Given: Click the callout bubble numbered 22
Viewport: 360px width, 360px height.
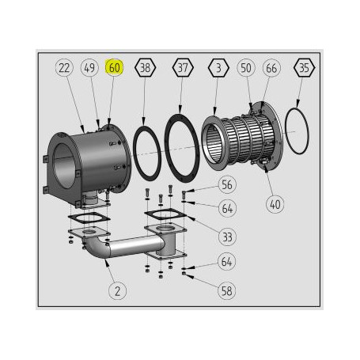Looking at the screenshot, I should click(x=65, y=67).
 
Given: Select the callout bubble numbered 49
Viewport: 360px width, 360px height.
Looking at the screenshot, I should click(x=89, y=67).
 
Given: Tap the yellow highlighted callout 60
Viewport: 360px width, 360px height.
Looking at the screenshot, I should click(x=115, y=67).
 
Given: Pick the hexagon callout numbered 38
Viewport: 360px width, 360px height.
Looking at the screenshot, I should click(x=144, y=67).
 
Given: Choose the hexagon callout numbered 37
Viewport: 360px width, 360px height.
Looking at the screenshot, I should click(x=184, y=67).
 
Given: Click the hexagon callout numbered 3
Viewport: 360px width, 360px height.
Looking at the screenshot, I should click(x=218, y=67).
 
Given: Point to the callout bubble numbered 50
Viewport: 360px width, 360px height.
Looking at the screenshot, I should click(x=246, y=67).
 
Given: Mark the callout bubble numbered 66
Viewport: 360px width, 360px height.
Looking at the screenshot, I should click(x=271, y=67).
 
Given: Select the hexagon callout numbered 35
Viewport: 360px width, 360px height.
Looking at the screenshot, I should click(x=304, y=67).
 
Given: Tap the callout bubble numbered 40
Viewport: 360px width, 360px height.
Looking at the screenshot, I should click(x=275, y=203).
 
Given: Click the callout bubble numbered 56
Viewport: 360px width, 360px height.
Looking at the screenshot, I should click(x=228, y=185).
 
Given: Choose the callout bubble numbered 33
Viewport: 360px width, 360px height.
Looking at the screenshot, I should click(x=228, y=236).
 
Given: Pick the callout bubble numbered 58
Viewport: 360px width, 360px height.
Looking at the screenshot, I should click(x=228, y=290).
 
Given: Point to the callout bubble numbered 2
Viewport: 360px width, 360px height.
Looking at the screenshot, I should click(x=118, y=290).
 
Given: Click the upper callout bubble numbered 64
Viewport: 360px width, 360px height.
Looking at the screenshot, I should click(x=228, y=209).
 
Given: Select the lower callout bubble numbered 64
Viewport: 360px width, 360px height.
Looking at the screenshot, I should click(x=228, y=262).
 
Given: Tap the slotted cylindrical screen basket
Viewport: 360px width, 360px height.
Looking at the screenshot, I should click(x=237, y=142).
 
